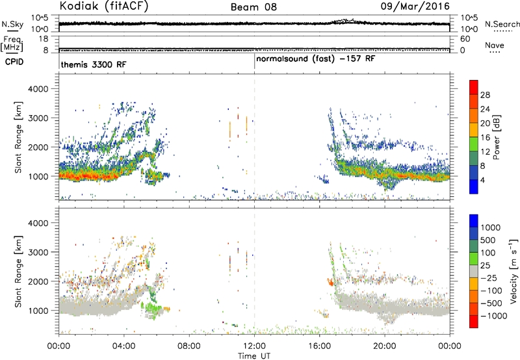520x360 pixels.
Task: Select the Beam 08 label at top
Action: pos(253,7)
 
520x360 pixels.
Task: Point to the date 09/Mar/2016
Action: pos(415,6)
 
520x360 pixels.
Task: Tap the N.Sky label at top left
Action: pos(12,24)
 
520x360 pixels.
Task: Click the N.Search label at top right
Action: pos(502,24)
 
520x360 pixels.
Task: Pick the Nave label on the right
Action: pos(495,45)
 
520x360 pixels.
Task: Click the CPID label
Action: pos(14,62)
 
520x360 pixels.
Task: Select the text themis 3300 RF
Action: pos(94,64)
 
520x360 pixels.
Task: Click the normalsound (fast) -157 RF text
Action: pos(316,59)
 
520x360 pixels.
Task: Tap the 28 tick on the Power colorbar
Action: pos(485,95)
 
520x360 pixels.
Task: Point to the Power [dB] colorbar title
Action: pos(496,137)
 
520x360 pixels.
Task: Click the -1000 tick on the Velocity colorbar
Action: pos(493,316)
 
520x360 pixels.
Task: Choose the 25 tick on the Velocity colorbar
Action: pos(486,266)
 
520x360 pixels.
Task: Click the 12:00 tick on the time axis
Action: pos(254,346)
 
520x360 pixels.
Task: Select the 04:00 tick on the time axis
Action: pos(123,346)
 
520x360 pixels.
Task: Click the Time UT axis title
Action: pos(254,356)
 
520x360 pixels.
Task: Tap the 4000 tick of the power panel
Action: pos(38,89)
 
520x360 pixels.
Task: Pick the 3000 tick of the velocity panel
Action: pos(38,252)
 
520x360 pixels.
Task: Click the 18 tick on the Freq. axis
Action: pos(44,39)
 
